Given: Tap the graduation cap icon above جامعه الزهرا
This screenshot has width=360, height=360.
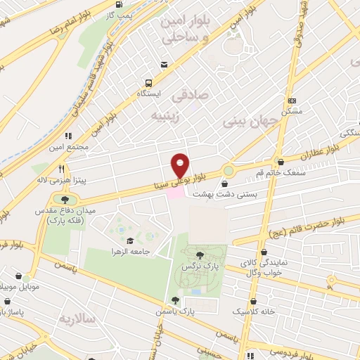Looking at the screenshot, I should point(129,240).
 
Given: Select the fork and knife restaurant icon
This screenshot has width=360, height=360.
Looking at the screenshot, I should point(61,169).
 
